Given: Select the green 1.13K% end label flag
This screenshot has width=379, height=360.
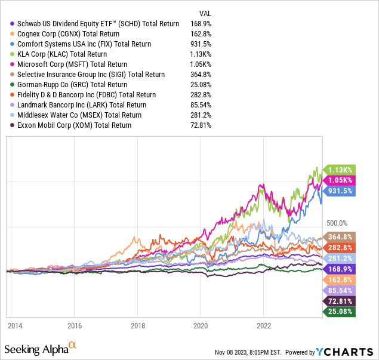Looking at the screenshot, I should click(x=339, y=169).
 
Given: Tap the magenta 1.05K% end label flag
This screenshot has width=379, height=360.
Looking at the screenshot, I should click(x=339, y=180).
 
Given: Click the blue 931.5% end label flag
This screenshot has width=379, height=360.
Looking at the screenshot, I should click(x=339, y=190).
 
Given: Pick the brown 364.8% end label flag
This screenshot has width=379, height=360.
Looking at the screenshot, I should click(x=339, y=236).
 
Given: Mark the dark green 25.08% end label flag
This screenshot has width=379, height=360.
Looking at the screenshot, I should click(x=339, y=311).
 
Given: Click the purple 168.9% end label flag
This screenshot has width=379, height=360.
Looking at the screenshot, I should click(x=339, y=269).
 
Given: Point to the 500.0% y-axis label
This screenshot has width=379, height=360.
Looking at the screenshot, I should click(x=337, y=223).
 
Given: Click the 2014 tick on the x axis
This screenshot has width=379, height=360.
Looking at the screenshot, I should click(x=15, y=326).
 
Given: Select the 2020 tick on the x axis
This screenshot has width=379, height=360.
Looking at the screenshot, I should click(x=200, y=326).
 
